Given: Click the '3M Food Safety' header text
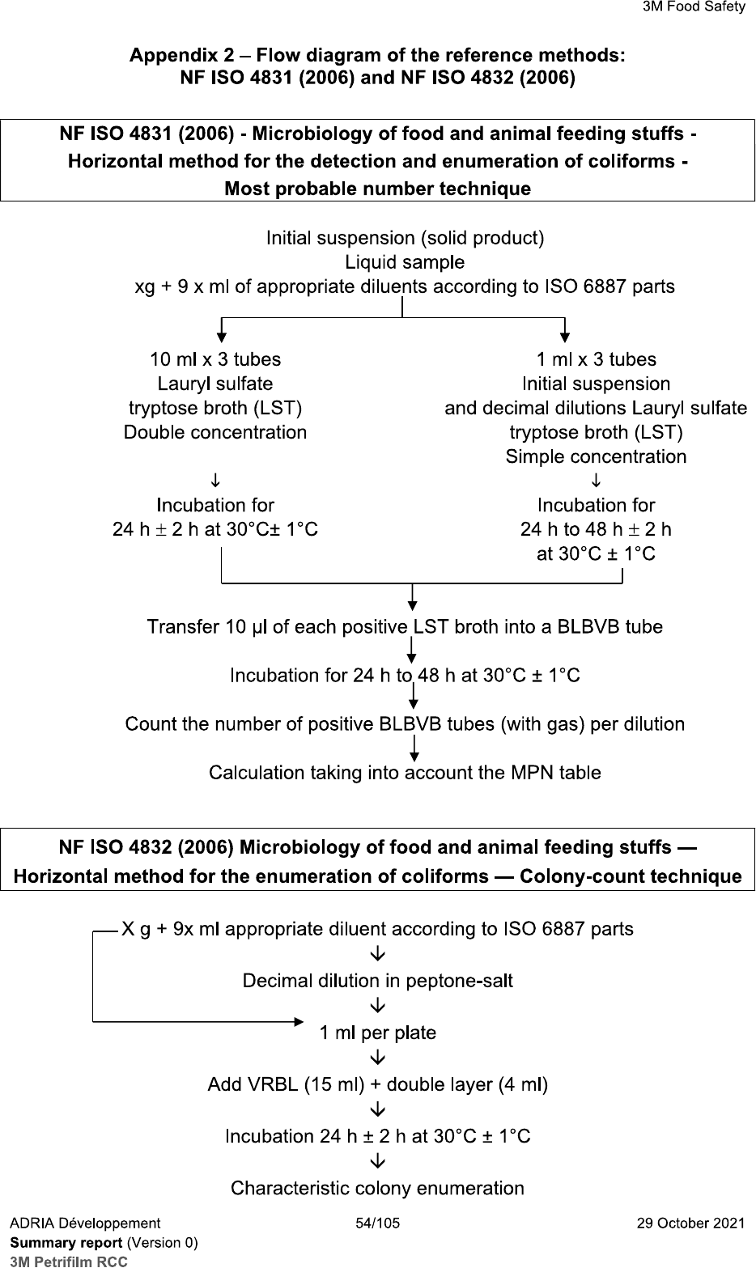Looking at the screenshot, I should (x=694, y=7).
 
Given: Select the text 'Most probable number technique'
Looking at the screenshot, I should (x=377, y=189).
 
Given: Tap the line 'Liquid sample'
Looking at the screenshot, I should (x=405, y=262).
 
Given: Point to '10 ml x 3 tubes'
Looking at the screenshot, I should (x=215, y=358).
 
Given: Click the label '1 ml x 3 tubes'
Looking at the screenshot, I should (x=596, y=359).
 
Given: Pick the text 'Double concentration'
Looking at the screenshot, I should (x=215, y=432).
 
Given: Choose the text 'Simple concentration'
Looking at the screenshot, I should (x=596, y=456).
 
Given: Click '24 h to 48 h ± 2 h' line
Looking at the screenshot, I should (x=596, y=529).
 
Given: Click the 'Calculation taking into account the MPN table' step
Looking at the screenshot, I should (x=405, y=773).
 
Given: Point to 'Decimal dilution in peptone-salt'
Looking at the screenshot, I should (x=377, y=981).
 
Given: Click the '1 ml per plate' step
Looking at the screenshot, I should (x=377, y=1033).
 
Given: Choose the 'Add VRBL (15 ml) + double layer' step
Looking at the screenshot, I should (x=377, y=1084).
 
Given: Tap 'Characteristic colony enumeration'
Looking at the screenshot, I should (x=377, y=1188).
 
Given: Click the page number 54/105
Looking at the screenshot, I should (x=378, y=1223).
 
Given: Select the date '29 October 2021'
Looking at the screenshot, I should (x=692, y=1223).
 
